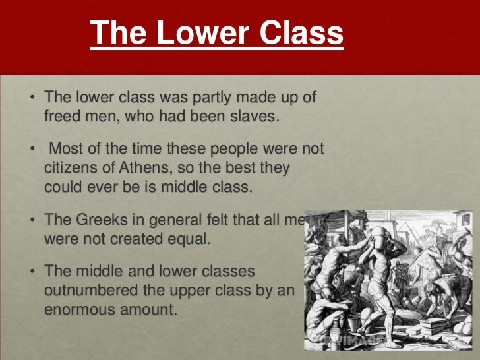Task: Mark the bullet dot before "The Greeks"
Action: (x=32, y=222)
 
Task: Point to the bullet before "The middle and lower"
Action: (x=32, y=272)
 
